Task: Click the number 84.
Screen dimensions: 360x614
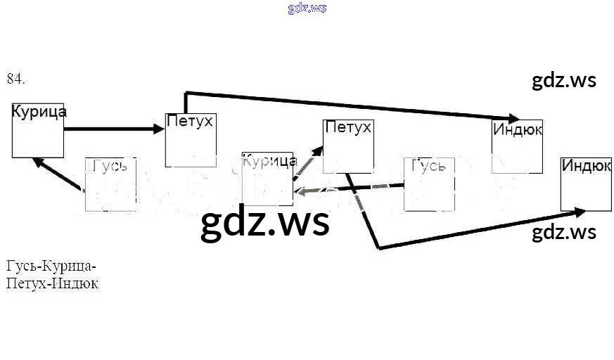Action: coord(15,79)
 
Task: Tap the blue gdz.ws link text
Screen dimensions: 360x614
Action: coord(307,8)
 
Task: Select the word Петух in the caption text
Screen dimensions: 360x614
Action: coord(26,284)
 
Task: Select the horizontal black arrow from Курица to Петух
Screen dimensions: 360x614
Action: coord(113,129)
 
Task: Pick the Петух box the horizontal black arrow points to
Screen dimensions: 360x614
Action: coord(189,140)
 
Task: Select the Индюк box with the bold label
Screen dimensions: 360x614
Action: coord(586,184)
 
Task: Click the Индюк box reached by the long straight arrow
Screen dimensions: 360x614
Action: coord(517,146)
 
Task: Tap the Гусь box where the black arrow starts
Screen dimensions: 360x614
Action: coord(110,184)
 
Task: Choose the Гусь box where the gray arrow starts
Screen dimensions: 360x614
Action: coord(429,184)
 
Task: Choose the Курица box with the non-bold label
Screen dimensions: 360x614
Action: coord(267,179)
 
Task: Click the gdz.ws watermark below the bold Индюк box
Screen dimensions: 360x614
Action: coord(564,233)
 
